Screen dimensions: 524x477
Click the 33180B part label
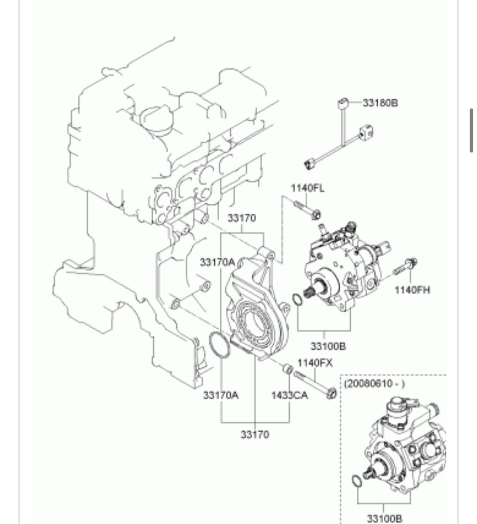point(380,102)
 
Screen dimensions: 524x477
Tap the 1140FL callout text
point(307,188)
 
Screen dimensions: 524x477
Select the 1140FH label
point(412,290)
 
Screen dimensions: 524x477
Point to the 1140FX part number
point(315,363)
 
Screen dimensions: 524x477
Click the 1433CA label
point(289,395)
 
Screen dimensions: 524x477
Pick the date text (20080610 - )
point(374,384)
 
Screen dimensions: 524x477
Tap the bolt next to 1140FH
point(405,266)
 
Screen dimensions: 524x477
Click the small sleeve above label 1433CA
point(288,369)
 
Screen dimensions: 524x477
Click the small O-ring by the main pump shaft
point(298,300)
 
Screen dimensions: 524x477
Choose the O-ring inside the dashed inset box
point(357,481)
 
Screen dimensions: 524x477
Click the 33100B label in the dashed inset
point(384,519)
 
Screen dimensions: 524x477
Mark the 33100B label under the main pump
point(328,346)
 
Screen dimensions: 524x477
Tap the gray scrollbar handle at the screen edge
point(472,130)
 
